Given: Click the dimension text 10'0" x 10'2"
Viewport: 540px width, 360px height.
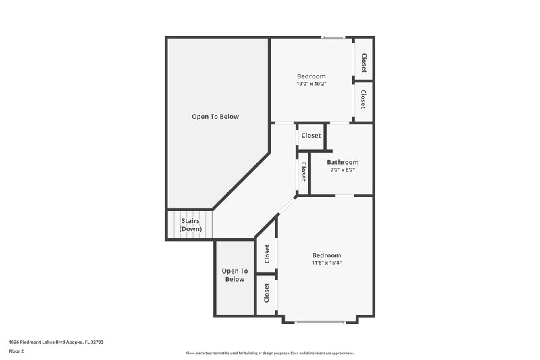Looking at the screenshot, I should tap(311, 84).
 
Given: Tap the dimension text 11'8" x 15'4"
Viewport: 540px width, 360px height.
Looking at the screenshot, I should tap(326, 263).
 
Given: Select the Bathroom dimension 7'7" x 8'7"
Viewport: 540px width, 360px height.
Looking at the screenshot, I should tap(342, 170).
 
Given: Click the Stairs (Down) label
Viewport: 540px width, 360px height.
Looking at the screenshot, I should tap(190, 225).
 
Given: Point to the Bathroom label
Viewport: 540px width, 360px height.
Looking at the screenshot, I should tap(342, 162).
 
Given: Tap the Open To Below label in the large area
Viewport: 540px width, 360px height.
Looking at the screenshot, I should tap(215, 117).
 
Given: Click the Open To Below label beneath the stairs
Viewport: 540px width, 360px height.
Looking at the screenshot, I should tap(234, 275).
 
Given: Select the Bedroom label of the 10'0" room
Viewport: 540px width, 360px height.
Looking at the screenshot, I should tap(311, 76).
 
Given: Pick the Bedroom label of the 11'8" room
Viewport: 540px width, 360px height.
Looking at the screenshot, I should tap(326, 255).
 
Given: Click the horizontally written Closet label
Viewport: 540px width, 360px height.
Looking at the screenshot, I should tap(311, 136).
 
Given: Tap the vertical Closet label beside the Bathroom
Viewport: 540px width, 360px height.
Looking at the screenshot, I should tap(304, 172).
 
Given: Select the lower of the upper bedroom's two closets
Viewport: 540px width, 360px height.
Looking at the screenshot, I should tap(363, 100).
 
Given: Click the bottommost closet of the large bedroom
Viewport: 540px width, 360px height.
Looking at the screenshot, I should tap(267, 293).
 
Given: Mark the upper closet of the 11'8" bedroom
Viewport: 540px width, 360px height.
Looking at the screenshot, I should tap(267, 254).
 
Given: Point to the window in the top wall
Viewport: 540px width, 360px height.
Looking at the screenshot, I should tap(333, 38).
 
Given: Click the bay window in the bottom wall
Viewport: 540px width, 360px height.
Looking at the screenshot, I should tap(326, 322).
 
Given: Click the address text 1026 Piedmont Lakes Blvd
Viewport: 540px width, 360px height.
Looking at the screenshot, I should tap(56, 342).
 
